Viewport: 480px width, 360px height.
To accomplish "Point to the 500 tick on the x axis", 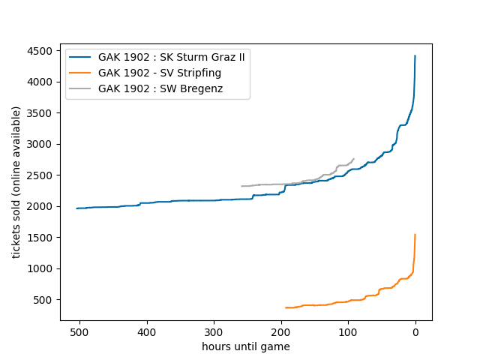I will (x=80, y=331).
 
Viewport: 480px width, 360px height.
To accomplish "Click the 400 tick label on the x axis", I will (x=147, y=331).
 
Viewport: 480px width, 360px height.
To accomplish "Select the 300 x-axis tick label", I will (x=214, y=331).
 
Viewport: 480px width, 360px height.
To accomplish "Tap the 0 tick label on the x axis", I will (x=415, y=331).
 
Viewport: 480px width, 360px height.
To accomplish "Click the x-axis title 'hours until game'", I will (x=246, y=346).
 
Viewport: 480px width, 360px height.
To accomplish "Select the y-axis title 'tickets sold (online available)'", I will (x=16, y=182).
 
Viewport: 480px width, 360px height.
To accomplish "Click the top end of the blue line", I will (x=415, y=55).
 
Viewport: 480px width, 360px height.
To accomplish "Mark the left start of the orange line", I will (x=286, y=307).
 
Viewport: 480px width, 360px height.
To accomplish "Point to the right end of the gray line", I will (x=353, y=159).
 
